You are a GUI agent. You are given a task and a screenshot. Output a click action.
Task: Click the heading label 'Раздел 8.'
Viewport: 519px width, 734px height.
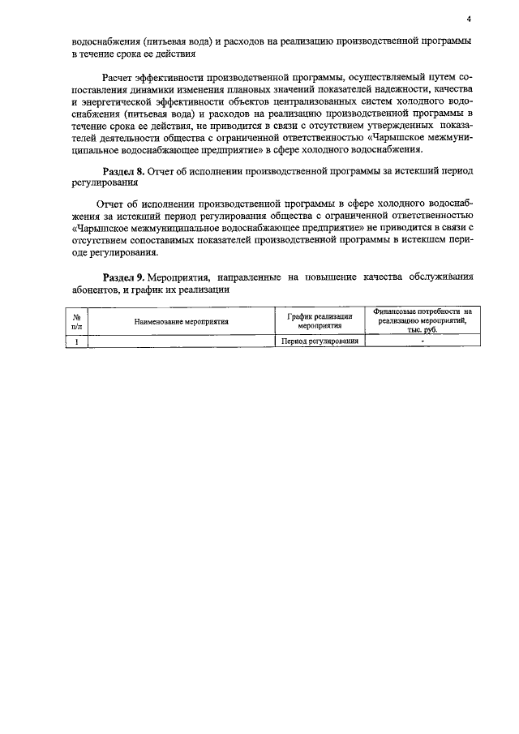coord(123,172)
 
